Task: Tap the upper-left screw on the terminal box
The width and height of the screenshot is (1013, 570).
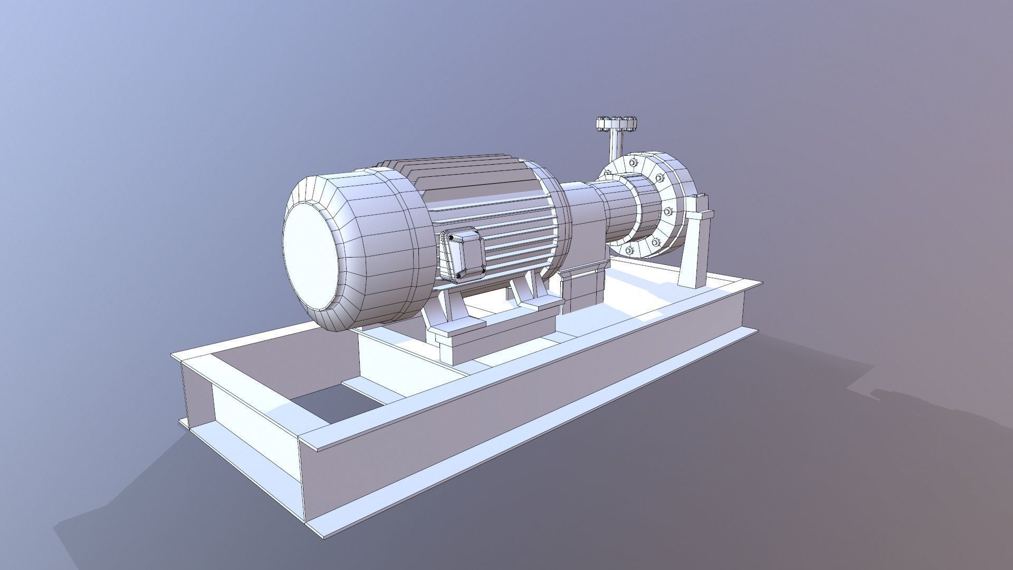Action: [x=452, y=238]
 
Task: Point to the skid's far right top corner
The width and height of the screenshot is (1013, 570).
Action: [x=761, y=283]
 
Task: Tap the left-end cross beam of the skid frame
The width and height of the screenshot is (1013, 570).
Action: [x=237, y=401]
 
